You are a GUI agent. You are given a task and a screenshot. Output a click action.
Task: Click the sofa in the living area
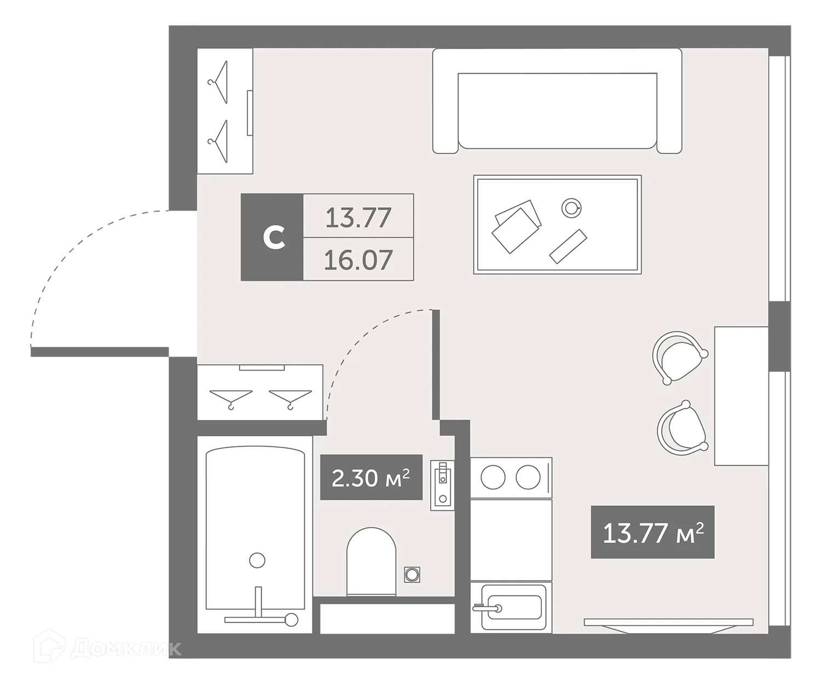557,101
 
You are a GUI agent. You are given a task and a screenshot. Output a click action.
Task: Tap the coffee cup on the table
571,207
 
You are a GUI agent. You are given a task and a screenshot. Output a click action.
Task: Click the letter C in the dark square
273,237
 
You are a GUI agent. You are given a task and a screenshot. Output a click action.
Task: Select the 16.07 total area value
358,260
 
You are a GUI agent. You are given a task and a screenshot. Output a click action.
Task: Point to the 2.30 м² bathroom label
371,477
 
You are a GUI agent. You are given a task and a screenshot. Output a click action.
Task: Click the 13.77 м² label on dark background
652,532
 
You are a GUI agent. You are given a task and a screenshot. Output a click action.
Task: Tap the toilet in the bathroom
371,560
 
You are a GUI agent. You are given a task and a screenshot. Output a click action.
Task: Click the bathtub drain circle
257,560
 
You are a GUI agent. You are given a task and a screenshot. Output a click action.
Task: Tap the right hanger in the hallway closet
290,397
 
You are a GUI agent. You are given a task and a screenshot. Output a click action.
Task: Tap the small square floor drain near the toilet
412,574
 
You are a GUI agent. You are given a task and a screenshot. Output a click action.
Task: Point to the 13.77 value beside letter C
358,217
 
